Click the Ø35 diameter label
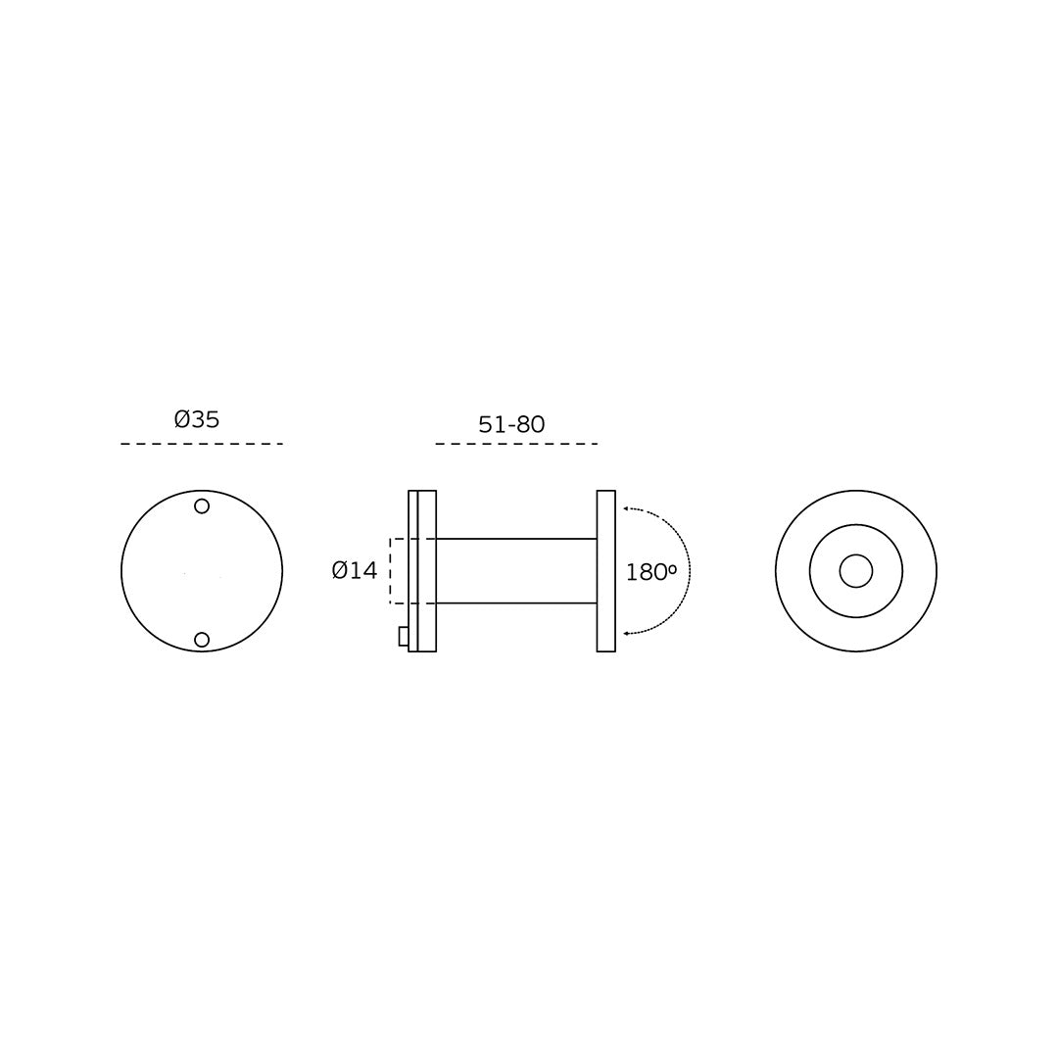tap(197, 419)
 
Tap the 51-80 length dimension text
tap(511, 425)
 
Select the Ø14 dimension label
tap(355, 570)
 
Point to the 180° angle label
tap(651, 572)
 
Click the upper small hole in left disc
tap(202, 506)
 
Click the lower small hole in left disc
tap(202, 640)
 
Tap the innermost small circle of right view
tap(855, 571)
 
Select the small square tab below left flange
tap(404, 636)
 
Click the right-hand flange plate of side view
tap(606, 571)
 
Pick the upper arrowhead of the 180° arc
tap(627, 509)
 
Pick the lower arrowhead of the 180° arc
tap(627, 634)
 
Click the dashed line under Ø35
tap(202, 444)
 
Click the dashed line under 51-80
tap(516, 444)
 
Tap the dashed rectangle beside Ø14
tap(392, 571)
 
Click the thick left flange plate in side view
tap(427, 571)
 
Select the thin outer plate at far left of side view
tap(412, 571)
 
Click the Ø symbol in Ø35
tap(182, 419)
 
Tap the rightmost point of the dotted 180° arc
tap(690, 571)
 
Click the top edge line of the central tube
tap(516, 539)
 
